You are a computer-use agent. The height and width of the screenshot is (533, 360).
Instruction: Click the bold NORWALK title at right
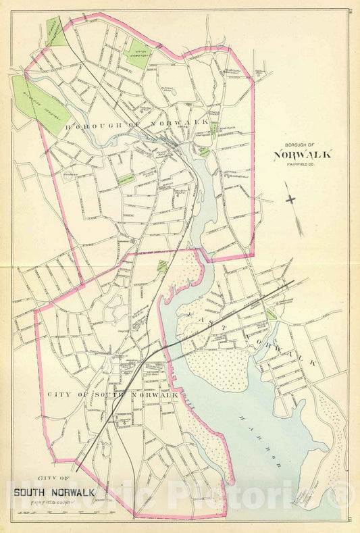coord(303,154)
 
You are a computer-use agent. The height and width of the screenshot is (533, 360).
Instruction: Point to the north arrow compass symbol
coord(291,200)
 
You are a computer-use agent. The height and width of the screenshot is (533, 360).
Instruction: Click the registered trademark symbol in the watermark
coord(344,497)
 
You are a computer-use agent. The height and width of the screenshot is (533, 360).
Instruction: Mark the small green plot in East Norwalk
coord(271,314)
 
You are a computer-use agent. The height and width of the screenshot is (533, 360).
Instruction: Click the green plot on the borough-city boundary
coord(162,265)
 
